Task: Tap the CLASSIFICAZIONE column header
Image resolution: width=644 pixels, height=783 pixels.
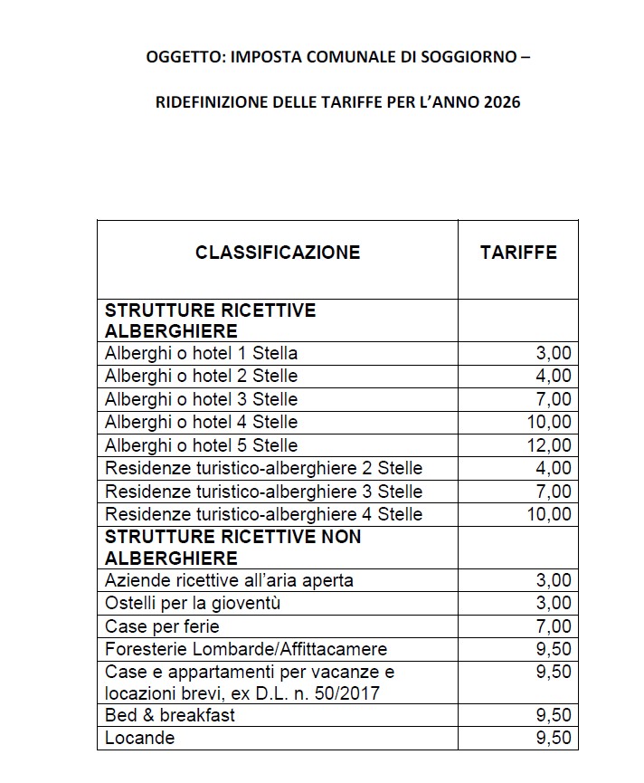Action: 278,253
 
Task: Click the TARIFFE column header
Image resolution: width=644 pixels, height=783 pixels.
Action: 518,253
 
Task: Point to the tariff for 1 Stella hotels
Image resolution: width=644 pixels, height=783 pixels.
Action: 554,353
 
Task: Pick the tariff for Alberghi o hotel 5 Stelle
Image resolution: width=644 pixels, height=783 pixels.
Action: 549,445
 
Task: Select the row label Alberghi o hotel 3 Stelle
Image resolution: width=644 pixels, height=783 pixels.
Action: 201,399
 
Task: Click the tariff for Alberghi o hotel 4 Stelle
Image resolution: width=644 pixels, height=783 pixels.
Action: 549,422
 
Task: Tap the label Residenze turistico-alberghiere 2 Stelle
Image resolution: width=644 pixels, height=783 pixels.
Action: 263,468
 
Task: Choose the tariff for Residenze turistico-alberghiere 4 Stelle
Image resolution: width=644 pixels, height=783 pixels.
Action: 549,514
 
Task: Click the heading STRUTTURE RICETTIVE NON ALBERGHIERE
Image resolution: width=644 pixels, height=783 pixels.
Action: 233,547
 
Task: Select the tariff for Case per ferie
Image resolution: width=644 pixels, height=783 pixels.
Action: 554,626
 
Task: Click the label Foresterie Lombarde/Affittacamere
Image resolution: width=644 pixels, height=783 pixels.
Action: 246,649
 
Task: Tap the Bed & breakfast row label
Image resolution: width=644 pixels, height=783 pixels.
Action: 170,715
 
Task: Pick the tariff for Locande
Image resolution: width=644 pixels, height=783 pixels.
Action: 554,738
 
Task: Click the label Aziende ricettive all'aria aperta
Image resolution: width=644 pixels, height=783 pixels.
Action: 229,580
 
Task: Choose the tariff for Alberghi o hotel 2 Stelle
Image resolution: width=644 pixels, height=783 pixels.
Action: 554,376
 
